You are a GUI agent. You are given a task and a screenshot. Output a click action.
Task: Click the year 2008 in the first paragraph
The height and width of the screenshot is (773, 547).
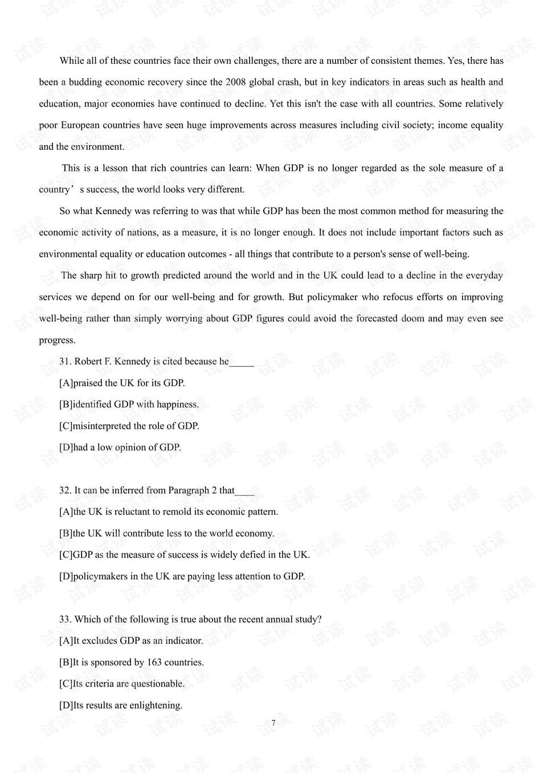click(235, 82)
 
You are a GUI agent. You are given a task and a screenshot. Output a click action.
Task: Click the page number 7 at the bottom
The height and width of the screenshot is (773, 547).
click(273, 723)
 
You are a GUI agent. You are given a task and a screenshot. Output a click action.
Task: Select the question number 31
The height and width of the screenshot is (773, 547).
click(65, 362)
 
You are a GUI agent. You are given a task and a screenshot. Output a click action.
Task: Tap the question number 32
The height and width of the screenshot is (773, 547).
click(65, 490)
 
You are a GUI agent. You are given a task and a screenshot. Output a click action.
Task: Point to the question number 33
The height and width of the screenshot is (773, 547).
click(65, 619)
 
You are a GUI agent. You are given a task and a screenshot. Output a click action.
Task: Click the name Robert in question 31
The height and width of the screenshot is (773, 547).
click(88, 362)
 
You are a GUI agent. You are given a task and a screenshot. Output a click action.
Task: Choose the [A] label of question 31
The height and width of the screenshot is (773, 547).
click(66, 383)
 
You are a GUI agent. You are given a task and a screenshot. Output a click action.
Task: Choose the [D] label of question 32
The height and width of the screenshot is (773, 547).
click(66, 576)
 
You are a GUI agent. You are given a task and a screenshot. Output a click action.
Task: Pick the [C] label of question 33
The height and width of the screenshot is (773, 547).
click(66, 684)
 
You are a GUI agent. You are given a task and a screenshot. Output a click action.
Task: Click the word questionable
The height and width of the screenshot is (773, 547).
click(158, 684)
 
